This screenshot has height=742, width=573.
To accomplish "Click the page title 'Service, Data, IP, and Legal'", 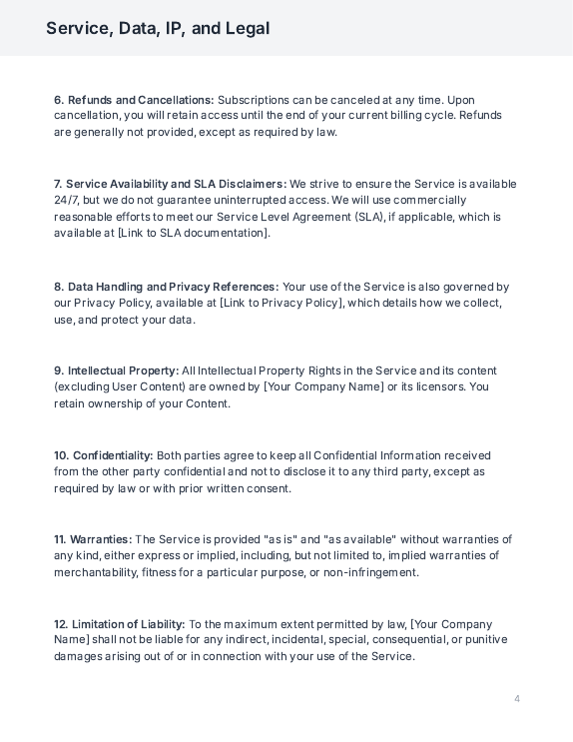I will point(158,28).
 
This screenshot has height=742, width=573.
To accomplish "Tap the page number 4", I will point(517,698).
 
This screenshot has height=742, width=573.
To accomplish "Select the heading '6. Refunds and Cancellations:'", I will point(134,100).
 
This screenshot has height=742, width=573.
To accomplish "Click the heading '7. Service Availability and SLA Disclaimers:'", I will point(171,184).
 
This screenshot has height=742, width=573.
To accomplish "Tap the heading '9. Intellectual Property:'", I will point(117,371).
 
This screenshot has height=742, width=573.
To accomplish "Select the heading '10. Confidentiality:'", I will point(104,455).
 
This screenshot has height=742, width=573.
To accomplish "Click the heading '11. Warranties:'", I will point(93,539).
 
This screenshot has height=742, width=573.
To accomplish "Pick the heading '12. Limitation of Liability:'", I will point(120,624).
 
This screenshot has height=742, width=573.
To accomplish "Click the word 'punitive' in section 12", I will point(485,640).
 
